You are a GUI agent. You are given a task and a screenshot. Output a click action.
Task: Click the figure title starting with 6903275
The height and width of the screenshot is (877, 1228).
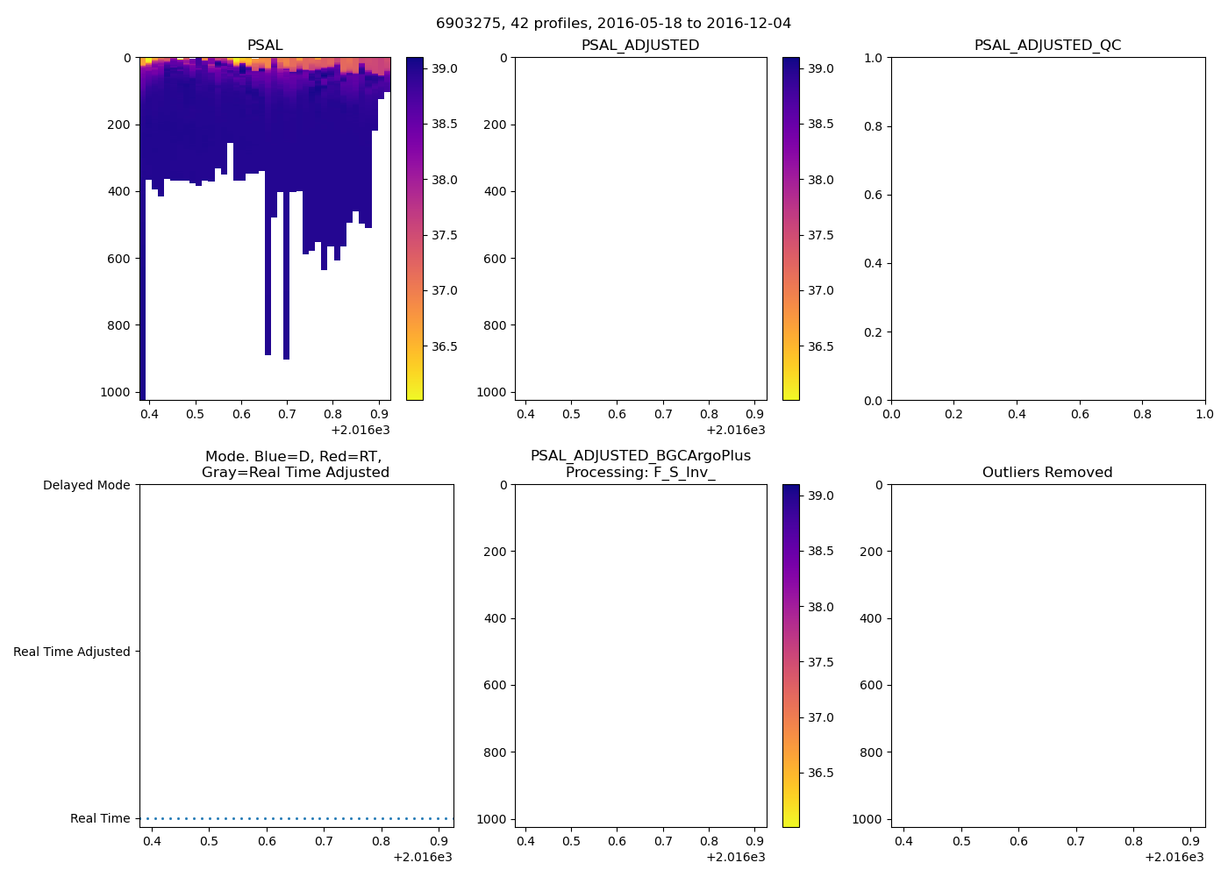(613, 23)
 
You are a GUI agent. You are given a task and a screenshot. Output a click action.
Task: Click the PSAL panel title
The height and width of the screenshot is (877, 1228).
(265, 45)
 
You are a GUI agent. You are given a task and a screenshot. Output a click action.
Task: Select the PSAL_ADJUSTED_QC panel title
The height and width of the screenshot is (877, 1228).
(1047, 45)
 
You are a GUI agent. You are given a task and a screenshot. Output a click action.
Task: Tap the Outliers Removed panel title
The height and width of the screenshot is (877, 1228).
(1047, 472)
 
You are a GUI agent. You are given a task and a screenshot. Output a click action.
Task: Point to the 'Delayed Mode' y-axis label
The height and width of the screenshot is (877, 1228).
(86, 485)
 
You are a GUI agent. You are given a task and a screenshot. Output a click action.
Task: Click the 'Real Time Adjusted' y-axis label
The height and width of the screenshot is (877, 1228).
(71, 652)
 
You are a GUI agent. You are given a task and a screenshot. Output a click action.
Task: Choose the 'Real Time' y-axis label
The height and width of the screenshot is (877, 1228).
(100, 818)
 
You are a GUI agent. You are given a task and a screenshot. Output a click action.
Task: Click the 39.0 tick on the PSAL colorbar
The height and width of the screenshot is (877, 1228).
(444, 68)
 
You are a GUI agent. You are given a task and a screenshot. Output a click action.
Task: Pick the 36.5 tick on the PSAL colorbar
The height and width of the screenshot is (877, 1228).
(444, 346)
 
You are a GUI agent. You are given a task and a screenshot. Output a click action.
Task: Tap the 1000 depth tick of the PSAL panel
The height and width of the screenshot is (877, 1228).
(116, 392)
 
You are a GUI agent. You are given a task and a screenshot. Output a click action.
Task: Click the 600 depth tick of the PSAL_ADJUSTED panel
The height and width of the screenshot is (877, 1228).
(495, 259)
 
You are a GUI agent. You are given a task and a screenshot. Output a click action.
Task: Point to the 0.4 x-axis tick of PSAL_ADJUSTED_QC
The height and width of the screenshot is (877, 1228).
(1017, 414)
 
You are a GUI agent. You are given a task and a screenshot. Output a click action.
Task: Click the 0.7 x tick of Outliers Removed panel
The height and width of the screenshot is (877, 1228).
(1075, 841)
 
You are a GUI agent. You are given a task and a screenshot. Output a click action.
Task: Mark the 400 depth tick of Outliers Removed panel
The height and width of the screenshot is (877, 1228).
(871, 618)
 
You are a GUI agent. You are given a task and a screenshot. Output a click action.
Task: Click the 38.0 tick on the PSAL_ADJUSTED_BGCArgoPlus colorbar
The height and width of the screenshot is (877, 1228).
(820, 607)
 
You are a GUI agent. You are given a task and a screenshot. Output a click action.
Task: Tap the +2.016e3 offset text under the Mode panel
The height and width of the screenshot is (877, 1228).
(422, 857)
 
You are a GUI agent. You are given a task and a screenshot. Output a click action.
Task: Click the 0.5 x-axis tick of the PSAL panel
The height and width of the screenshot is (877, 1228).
(196, 414)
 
